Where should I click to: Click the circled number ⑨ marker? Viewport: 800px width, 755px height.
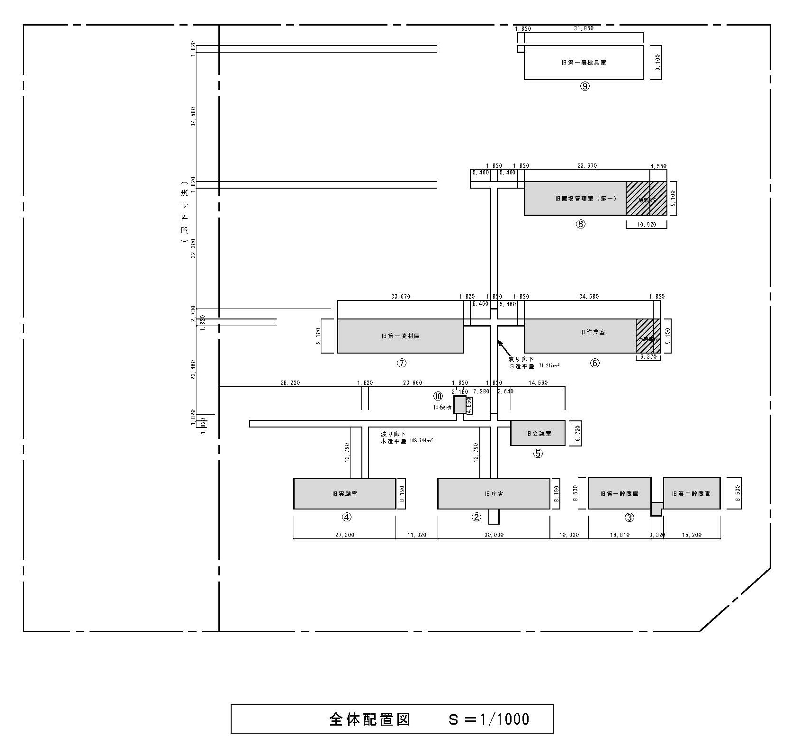tap(585, 86)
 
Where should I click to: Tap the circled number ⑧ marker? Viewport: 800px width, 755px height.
tap(581, 224)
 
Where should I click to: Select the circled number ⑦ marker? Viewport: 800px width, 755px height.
tap(401, 363)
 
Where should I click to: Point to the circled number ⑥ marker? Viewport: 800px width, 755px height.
tap(594, 363)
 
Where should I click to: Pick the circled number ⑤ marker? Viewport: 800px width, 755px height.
tap(538, 454)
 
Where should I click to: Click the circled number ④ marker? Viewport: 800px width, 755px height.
tap(347, 517)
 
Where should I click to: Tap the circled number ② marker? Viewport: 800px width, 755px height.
tap(476, 517)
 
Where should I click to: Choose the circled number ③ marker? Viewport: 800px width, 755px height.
tap(629, 518)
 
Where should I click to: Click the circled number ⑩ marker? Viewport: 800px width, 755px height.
tap(438, 396)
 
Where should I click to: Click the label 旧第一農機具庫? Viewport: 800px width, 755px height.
tap(584, 63)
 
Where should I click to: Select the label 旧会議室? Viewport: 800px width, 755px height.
tap(538, 434)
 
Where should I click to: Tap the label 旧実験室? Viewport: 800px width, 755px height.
tap(344, 494)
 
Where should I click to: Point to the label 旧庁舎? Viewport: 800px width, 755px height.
tap(494, 494)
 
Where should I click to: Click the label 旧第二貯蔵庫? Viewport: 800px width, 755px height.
tap(691, 494)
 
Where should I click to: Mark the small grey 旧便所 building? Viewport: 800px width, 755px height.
tap(459, 405)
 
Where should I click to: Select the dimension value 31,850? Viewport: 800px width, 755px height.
tap(584, 28)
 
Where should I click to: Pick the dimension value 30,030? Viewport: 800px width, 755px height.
tap(494, 535)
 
